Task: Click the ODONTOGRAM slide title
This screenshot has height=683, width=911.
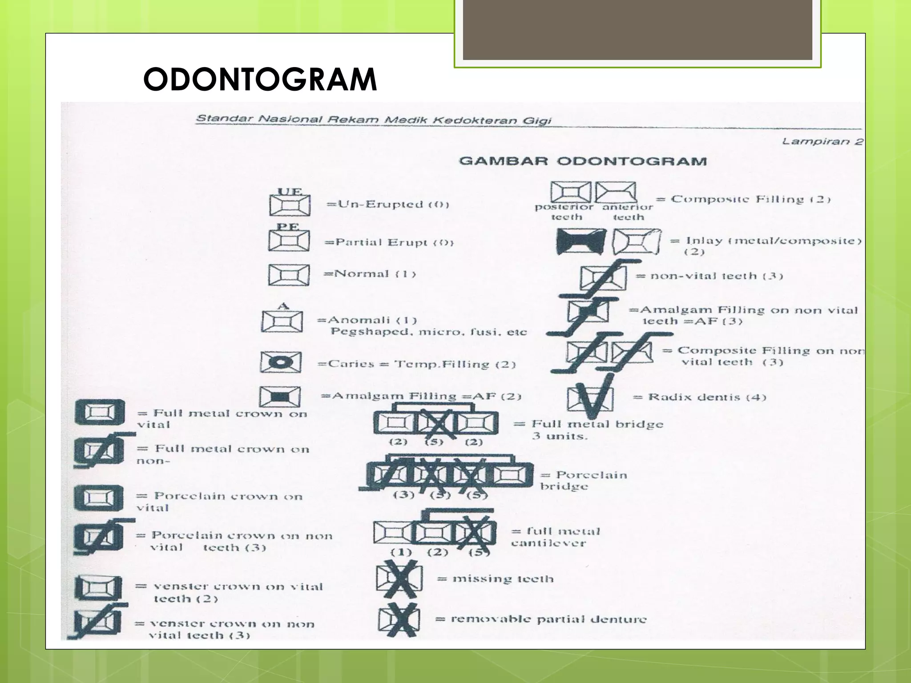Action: [x=260, y=80]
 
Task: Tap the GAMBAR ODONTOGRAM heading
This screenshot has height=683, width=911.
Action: [x=583, y=161]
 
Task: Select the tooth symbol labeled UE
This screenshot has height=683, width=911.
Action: [x=290, y=205]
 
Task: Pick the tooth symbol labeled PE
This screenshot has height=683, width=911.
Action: [x=289, y=241]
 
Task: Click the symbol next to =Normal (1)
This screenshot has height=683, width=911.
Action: [x=289, y=274]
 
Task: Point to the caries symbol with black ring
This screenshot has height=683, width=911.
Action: [x=281, y=362]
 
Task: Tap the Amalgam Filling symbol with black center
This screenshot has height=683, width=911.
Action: [x=280, y=396]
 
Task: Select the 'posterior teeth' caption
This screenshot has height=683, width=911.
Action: [x=564, y=212]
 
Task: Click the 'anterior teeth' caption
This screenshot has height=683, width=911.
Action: [x=627, y=212]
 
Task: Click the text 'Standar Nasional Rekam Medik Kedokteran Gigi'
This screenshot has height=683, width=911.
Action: [x=374, y=120]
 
